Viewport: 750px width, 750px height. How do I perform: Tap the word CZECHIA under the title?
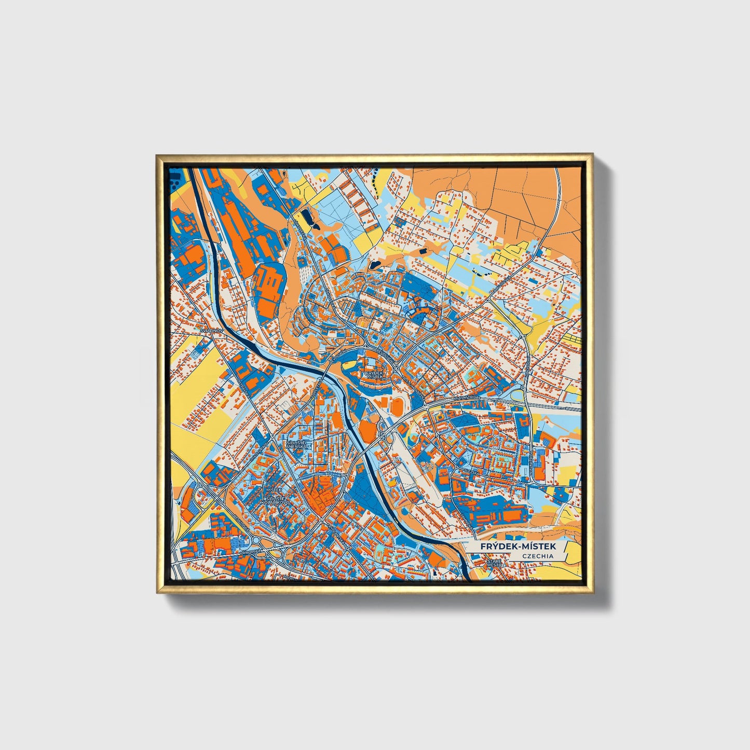coord(538,556)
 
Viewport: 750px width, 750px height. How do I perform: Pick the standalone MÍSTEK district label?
coord(273,489)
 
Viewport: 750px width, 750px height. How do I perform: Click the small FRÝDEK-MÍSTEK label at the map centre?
coord(374,374)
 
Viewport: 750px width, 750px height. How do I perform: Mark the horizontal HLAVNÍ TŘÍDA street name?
coord(467,398)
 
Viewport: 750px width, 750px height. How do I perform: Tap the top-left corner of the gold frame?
coord(157,155)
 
